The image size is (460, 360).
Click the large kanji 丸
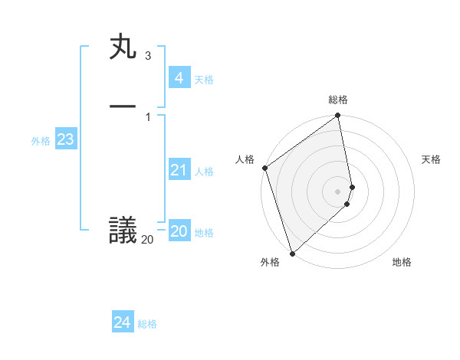pyautogui.click(x=123, y=47)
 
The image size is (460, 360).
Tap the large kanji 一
pyautogui.click(x=123, y=106)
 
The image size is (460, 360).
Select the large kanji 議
pyautogui.click(x=123, y=231)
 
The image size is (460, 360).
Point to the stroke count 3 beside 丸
pyautogui.click(x=148, y=56)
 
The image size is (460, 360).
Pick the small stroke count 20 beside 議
pyautogui.click(x=147, y=240)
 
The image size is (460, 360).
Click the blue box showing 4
pyautogui.click(x=179, y=78)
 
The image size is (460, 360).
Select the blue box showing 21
pyautogui.click(x=179, y=170)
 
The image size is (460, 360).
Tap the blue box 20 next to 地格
pyautogui.click(x=179, y=231)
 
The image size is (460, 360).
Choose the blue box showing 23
pyautogui.click(x=65, y=139)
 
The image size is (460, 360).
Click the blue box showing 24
pyautogui.click(x=122, y=322)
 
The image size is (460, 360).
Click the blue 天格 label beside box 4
pyautogui.click(x=204, y=80)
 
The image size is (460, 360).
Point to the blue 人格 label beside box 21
pyautogui.click(x=204, y=172)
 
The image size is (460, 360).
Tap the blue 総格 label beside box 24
pyautogui.click(x=147, y=324)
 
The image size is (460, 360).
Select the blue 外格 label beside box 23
pyautogui.click(x=41, y=141)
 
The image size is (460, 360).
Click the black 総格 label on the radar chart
pyautogui.click(x=338, y=100)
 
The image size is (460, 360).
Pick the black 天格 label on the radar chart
pyautogui.click(x=431, y=159)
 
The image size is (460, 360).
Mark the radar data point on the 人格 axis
pyautogui.click(x=264, y=168)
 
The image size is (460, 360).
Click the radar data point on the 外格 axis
pyautogui.click(x=291, y=253)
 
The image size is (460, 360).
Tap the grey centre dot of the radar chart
pyautogui.click(x=338, y=191)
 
